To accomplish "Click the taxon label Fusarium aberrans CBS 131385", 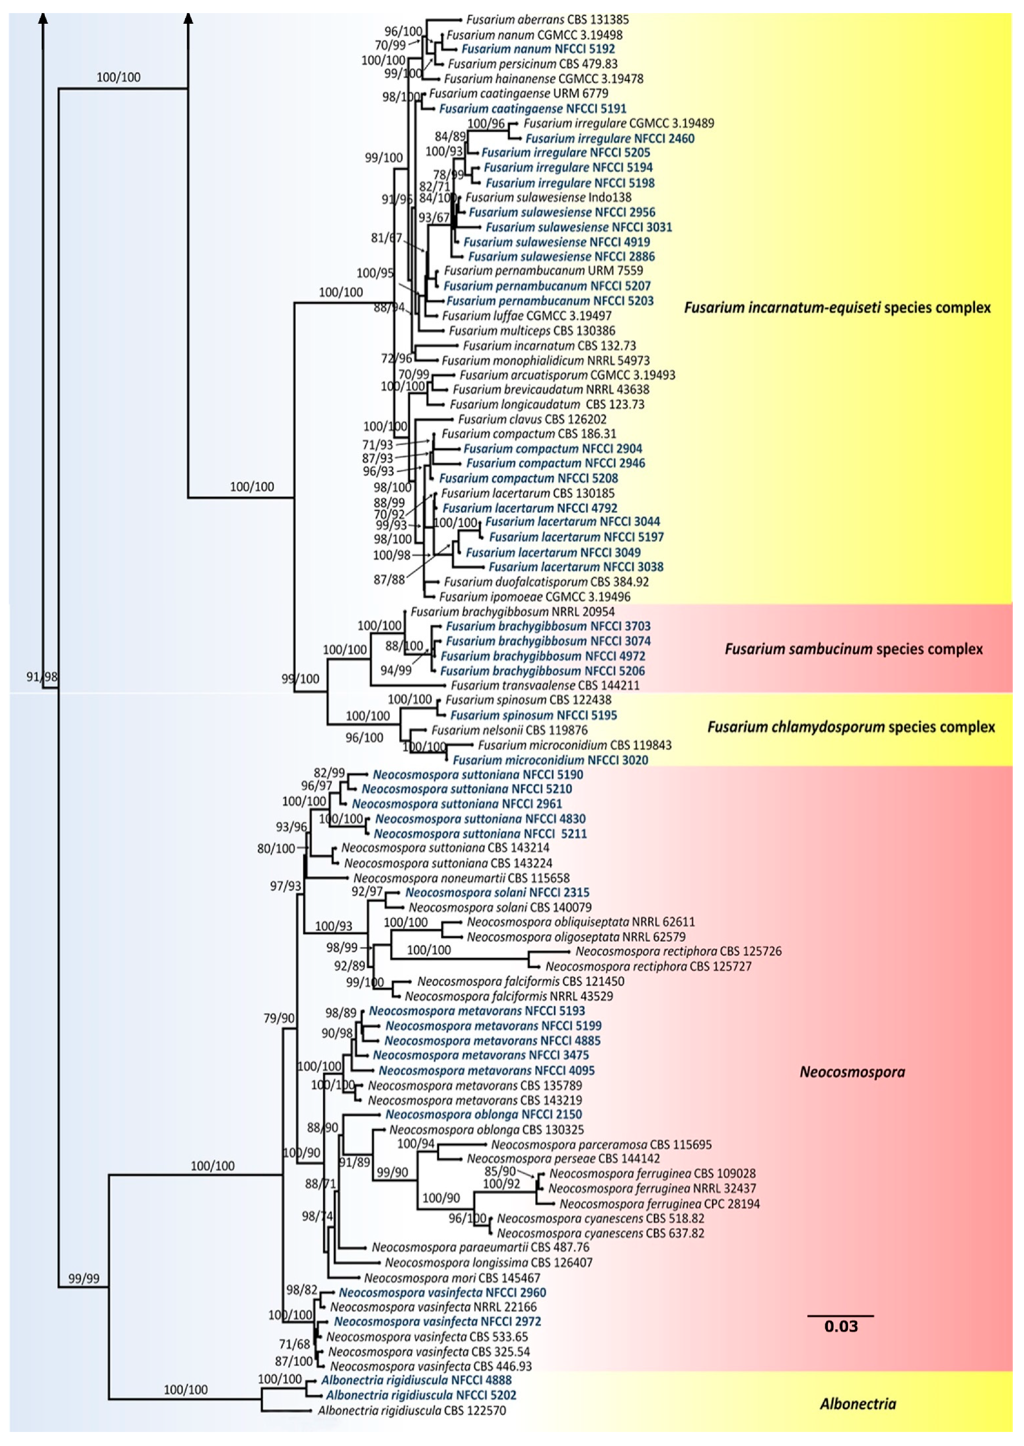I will click(x=547, y=19).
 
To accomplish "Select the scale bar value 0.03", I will click(x=840, y=1326).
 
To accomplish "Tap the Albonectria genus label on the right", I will click(x=857, y=1404).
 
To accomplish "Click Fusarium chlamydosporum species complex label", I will click(x=851, y=727).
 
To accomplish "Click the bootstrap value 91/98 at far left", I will click(x=42, y=677).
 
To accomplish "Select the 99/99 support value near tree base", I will click(x=84, y=1278).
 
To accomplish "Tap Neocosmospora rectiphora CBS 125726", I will click(x=678, y=951).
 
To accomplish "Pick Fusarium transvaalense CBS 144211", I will click(x=545, y=685).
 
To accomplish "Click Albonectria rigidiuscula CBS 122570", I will click(x=412, y=1411).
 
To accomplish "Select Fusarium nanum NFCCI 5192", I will click(x=538, y=48).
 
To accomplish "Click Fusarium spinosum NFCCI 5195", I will click(x=533, y=715).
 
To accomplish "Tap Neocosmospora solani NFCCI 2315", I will click(x=497, y=892).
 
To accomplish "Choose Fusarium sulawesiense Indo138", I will click(x=548, y=197).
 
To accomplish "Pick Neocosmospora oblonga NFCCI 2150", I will click(x=483, y=1114).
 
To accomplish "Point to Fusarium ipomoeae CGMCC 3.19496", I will click(x=535, y=596).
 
